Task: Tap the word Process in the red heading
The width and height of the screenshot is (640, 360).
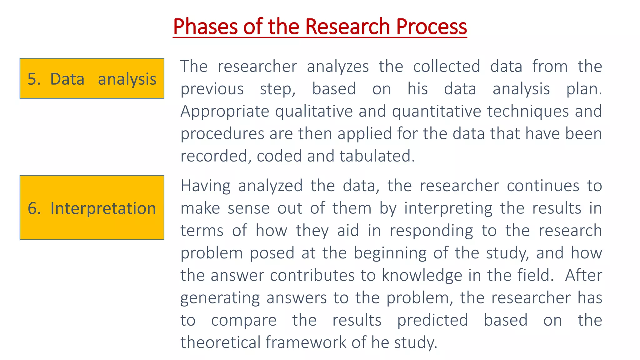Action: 431,27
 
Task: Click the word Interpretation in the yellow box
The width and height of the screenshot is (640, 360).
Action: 103,208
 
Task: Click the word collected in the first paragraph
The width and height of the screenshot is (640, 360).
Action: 447,66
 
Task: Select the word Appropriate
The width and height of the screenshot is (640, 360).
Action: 224,112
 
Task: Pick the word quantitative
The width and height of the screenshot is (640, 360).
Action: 436,112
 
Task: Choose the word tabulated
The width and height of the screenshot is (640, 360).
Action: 377,156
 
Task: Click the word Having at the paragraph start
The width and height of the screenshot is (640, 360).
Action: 205,186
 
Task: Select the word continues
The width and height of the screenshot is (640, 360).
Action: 543,186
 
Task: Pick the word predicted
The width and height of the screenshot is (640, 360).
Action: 432,320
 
